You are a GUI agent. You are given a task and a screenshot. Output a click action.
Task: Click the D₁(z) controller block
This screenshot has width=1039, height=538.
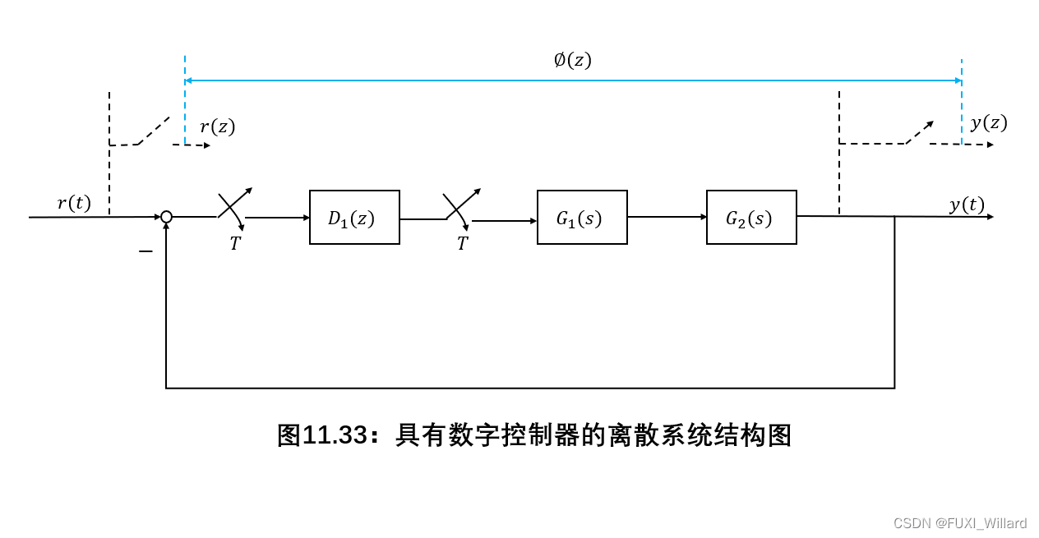pyautogui.click(x=354, y=218)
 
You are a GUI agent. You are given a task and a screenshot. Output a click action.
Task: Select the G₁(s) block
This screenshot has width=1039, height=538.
pyautogui.click(x=582, y=218)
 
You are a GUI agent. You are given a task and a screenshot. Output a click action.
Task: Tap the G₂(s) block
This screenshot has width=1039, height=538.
pyautogui.click(x=751, y=218)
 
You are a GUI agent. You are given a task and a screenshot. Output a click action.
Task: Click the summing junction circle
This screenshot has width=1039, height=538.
pyautogui.click(x=166, y=217)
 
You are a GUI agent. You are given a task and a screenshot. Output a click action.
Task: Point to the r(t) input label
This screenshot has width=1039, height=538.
pyautogui.click(x=74, y=203)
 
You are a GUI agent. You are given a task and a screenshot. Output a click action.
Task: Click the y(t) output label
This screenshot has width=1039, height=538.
pyautogui.click(x=967, y=205)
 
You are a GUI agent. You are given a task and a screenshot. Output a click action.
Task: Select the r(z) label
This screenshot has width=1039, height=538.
pyautogui.click(x=217, y=126)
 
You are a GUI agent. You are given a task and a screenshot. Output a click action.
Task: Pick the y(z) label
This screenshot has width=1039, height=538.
pyautogui.click(x=988, y=123)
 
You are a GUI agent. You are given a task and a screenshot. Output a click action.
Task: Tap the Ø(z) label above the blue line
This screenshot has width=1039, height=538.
pyautogui.click(x=572, y=60)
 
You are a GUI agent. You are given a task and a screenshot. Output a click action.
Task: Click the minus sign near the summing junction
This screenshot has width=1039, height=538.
pyautogui.click(x=145, y=251)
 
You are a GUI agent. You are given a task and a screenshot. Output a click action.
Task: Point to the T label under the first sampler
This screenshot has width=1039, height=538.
pyautogui.click(x=235, y=244)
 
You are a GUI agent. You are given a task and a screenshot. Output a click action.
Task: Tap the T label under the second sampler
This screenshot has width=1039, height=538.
pyautogui.click(x=462, y=244)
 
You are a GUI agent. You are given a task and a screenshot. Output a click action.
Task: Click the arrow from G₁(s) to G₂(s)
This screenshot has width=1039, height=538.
pyautogui.click(x=667, y=217)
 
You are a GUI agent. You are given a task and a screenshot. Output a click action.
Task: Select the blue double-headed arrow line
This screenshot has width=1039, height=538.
pyautogui.click(x=573, y=80)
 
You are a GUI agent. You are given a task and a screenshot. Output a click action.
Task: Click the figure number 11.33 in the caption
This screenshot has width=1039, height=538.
pyautogui.click(x=334, y=435)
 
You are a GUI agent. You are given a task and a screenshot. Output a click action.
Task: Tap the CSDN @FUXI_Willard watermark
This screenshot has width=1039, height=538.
pyautogui.click(x=959, y=523)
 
